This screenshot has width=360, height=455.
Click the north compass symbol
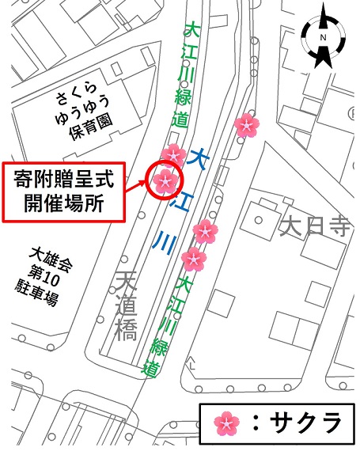(322, 38)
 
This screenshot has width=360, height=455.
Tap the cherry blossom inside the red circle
(164, 181)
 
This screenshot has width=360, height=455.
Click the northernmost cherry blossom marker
(247, 124)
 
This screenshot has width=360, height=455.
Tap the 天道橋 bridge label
(127, 306)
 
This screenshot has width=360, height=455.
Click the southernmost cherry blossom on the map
(193, 259)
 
